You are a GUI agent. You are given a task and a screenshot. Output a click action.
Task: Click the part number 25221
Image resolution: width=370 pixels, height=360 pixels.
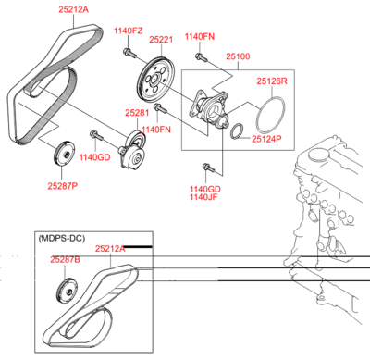pyautogui.click(x=161, y=40)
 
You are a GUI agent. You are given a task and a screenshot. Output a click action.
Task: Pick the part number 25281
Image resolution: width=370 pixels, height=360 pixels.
pyautogui.click(x=137, y=112)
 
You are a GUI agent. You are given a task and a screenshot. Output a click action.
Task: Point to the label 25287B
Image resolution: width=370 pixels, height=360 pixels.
pyautogui.click(x=65, y=261)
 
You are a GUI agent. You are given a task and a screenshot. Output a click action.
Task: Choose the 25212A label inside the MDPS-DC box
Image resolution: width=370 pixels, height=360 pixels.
pyautogui.click(x=109, y=248)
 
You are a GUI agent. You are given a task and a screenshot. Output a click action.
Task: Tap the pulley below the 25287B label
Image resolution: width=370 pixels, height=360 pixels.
pyautogui.click(x=63, y=294)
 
